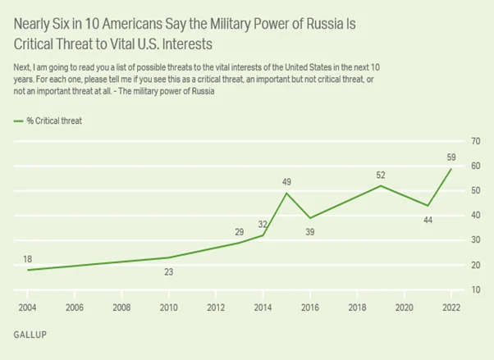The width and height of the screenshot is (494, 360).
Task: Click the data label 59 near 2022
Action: pos(451,157)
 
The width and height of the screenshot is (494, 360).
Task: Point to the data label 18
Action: pos(27,259)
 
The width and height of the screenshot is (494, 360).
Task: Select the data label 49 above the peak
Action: pos(286,182)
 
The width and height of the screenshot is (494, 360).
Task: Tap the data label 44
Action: pos(428,220)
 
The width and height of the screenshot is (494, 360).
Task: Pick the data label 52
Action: pos(381,175)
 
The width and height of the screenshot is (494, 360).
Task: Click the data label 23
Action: pos(168,271)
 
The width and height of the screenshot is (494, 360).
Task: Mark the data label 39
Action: pos(310,232)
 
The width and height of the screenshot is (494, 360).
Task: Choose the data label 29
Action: pos(239,232)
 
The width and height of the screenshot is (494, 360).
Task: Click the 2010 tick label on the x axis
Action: pos(168,308)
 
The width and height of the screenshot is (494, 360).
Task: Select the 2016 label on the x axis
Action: pos(310,308)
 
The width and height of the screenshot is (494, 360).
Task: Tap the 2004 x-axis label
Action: pos(27,308)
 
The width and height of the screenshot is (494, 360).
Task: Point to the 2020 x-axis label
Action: pos(405,308)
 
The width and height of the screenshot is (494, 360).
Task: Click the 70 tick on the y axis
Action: pos(476,141)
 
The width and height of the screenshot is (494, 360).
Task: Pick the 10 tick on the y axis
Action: pos(476,289)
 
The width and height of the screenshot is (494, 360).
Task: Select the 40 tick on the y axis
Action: pos(476,216)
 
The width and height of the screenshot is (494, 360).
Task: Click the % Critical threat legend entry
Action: pos(48,121)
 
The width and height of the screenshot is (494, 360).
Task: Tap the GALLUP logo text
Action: pos(30,335)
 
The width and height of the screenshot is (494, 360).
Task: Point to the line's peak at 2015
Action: pos(286,193)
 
